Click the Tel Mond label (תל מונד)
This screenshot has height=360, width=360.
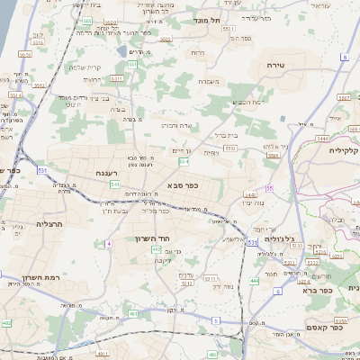(x=206, y=18)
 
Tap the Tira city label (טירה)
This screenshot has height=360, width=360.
(x=275, y=66)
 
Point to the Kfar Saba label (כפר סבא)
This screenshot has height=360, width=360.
(x=183, y=185)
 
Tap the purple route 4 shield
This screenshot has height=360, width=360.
(x=108, y=243)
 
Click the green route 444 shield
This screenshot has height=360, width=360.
(x=254, y=282)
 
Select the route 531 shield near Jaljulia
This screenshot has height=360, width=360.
(x=251, y=243)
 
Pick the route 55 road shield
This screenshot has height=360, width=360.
(x=269, y=188)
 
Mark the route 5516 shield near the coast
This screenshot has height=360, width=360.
(x=15, y=93)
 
